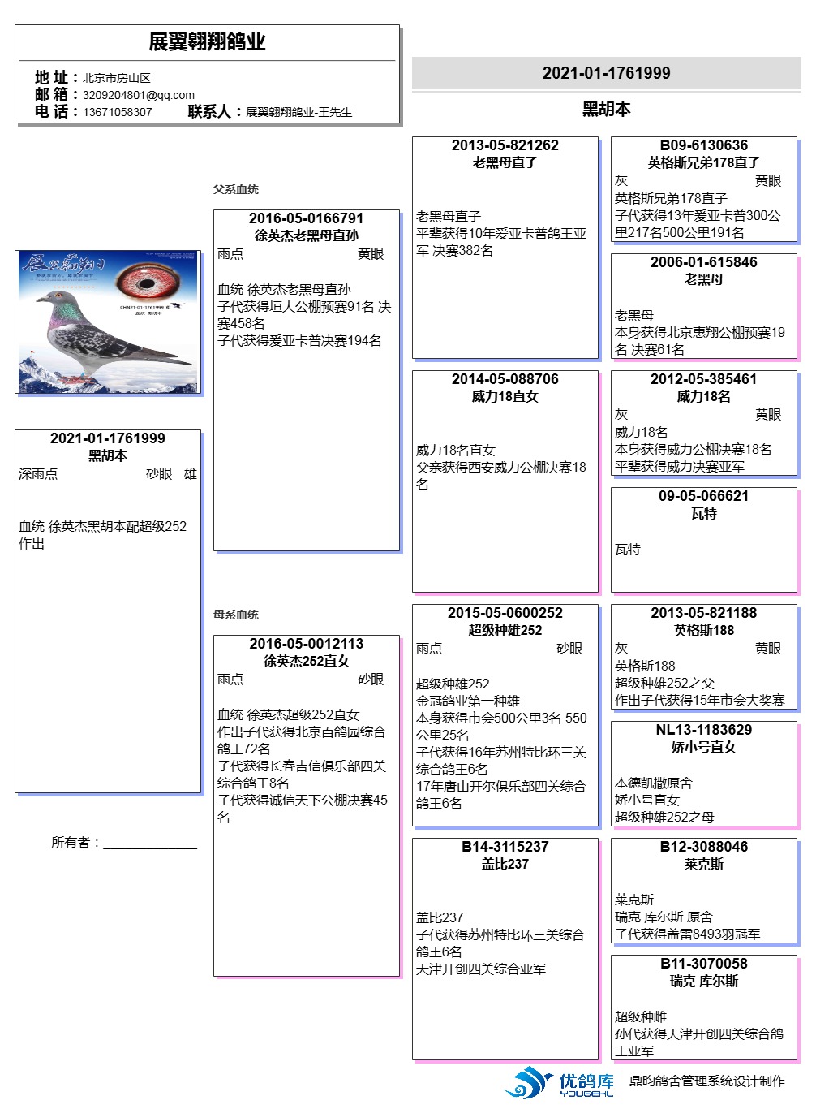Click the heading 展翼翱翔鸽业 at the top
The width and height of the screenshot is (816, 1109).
point(207,42)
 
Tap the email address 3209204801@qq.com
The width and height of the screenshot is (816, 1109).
point(139,95)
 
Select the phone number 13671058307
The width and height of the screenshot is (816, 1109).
point(118,112)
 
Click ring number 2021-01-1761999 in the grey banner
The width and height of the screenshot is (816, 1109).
point(606,73)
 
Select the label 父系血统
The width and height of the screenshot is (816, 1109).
point(236,189)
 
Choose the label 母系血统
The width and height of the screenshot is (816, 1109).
point(236,615)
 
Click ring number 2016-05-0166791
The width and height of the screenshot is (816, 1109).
point(306,218)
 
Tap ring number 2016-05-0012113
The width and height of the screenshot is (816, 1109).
point(306,644)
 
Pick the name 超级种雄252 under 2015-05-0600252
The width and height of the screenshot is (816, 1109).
point(505,630)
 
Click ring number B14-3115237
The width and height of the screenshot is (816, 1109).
point(505,847)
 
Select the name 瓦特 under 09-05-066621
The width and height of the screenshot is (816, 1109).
point(703,513)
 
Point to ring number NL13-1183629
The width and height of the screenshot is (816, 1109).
point(703,730)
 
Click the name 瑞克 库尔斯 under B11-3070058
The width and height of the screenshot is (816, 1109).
point(703,981)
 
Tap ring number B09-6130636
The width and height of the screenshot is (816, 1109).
point(703,145)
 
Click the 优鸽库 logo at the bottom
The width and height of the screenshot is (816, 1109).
point(560,1083)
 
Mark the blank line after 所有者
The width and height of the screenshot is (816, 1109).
point(150,843)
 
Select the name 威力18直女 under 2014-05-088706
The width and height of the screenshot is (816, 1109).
point(505,396)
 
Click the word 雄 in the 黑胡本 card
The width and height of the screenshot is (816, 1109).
point(191,474)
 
